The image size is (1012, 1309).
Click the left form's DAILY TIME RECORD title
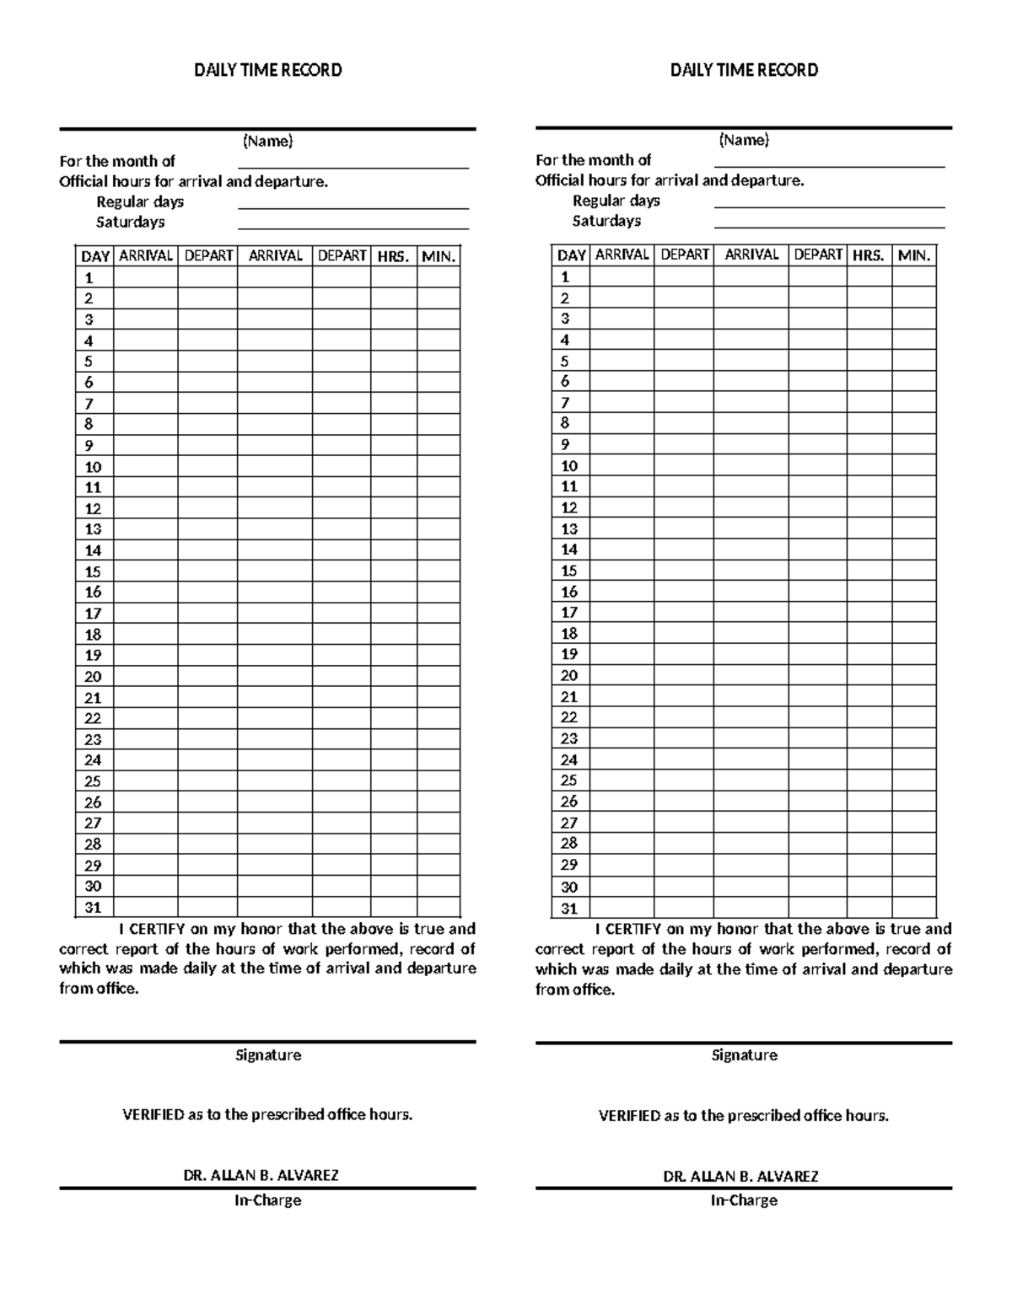coord(268,70)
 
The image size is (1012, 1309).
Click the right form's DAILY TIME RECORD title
coord(744,70)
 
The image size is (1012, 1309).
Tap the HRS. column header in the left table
coord(393,256)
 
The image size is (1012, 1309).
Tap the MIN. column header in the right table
coord(914,255)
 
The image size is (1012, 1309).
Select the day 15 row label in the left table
coord(93,571)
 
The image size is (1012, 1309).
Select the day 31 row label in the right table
coord(569,909)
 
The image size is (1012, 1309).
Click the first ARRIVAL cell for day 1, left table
coord(145,277)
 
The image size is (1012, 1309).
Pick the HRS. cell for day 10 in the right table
coord(869,465)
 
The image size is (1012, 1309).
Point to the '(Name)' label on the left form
coord(268,141)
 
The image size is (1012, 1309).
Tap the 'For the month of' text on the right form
coord(593,159)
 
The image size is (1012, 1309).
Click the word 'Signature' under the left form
coord(268,1055)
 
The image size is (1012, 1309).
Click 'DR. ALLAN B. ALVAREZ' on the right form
coord(744,1176)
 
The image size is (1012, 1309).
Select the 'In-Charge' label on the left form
coord(268,1200)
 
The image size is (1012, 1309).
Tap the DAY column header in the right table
coord(571,255)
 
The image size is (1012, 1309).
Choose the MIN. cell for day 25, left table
coord(438,781)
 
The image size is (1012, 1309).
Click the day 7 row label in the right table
coord(565,403)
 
